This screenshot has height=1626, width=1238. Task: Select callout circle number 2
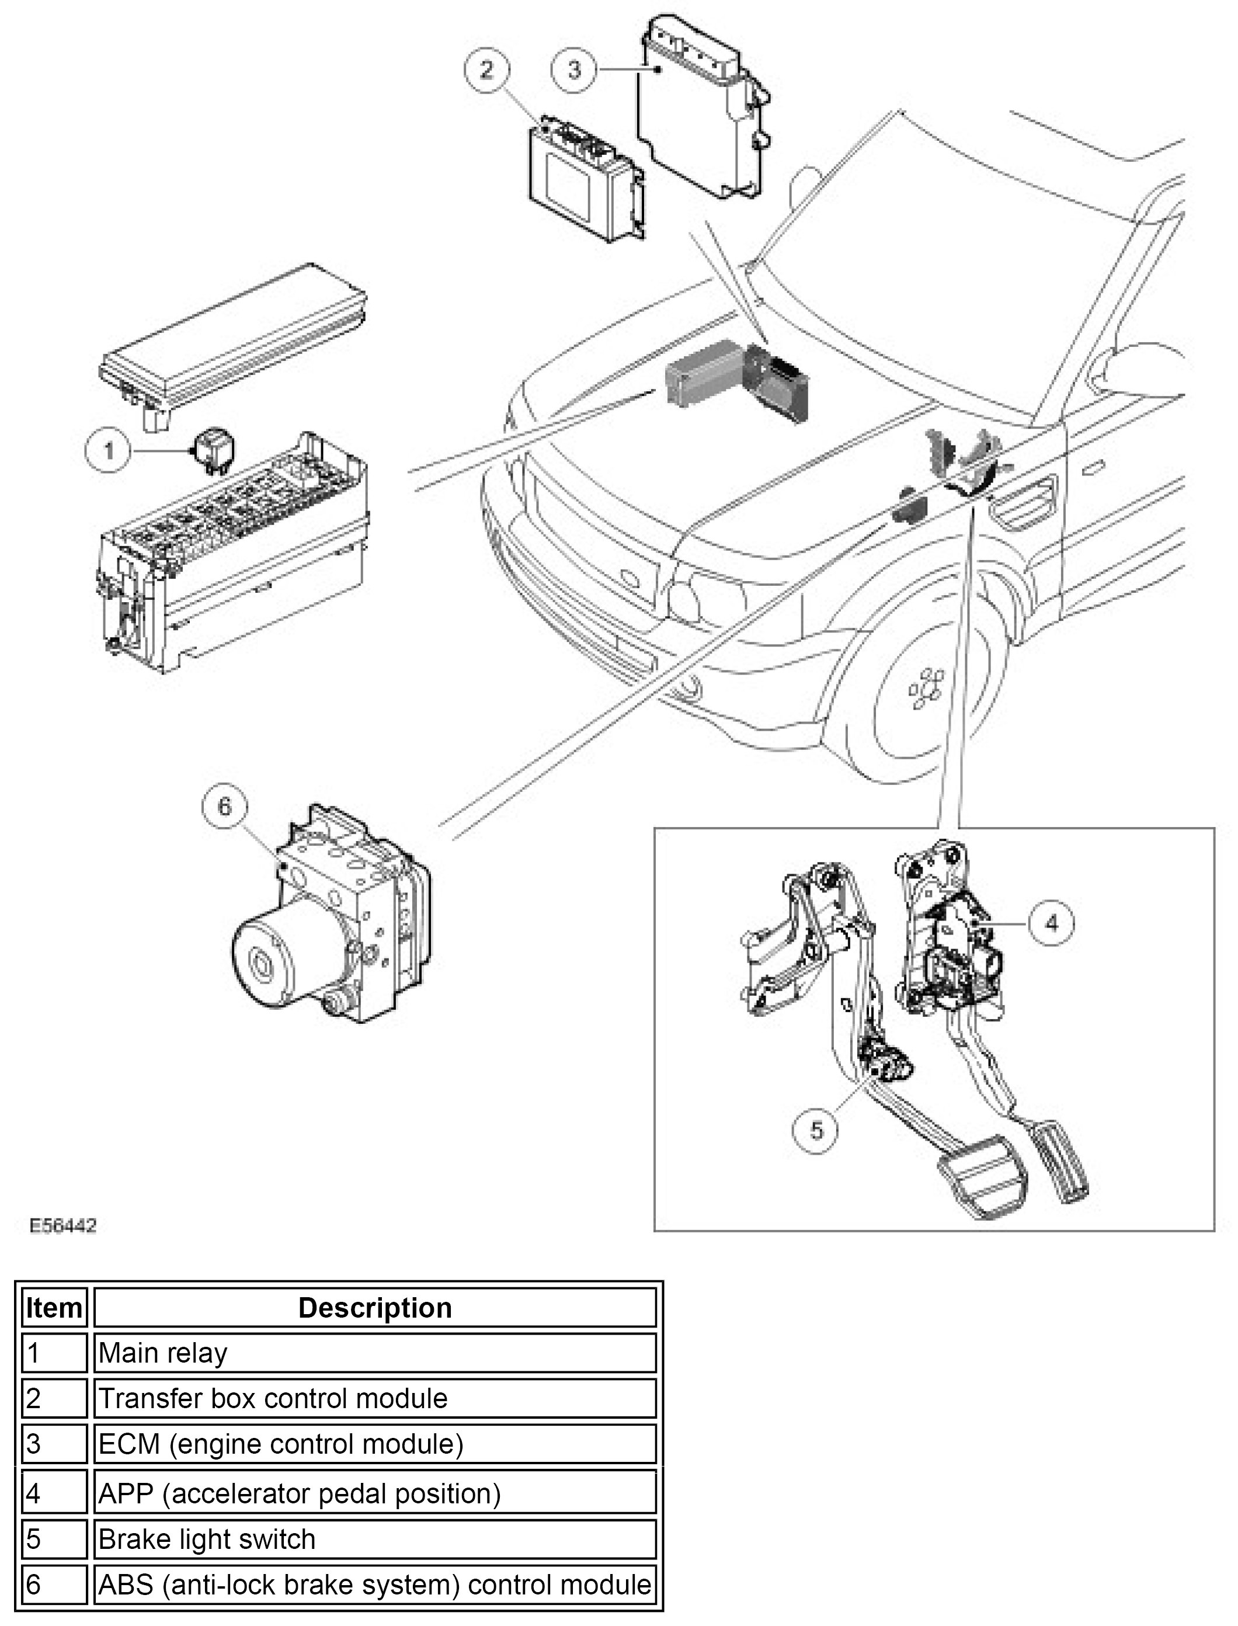(x=487, y=71)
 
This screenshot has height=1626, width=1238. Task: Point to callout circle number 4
(x=1052, y=923)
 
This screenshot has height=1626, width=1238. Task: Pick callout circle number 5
(x=816, y=1130)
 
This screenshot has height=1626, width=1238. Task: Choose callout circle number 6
(x=225, y=807)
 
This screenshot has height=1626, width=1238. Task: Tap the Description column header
(x=374, y=1308)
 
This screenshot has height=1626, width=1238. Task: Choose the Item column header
(x=54, y=1308)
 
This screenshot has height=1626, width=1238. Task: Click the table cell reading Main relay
(x=374, y=1353)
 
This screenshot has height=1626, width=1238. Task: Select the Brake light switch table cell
(x=374, y=1539)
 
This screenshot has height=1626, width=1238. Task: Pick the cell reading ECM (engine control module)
(x=374, y=1443)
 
